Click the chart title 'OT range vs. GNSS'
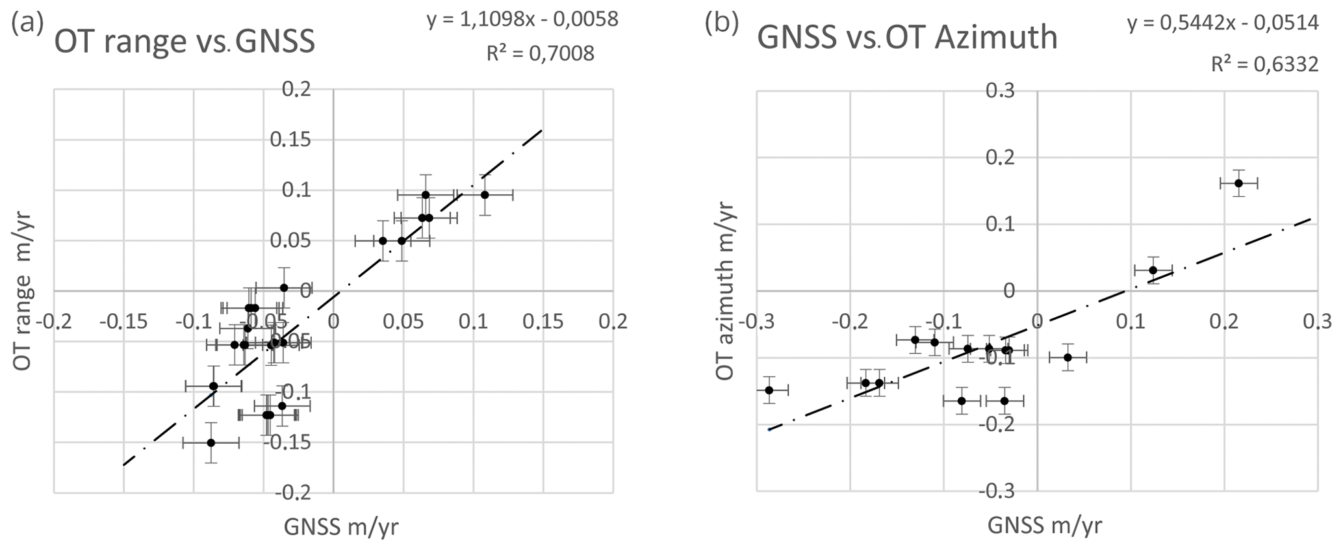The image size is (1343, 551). (185, 42)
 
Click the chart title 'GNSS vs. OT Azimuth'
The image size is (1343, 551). (908, 37)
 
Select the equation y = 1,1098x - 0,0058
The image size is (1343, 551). (522, 19)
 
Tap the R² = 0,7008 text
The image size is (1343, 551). (540, 53)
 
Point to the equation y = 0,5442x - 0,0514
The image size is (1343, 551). (1223, 23)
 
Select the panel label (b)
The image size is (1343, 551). (722, 23)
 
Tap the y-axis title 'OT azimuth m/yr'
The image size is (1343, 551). (726, 291)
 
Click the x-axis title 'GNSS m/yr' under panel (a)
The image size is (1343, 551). (341, 528)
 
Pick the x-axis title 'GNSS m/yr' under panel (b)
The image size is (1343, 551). (1045, 525)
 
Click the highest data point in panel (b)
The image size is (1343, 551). (1238, 183)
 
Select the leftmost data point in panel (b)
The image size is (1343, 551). (769, 390)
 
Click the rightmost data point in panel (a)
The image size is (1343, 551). (485, 195)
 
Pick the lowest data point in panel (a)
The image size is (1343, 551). (211, 442)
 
